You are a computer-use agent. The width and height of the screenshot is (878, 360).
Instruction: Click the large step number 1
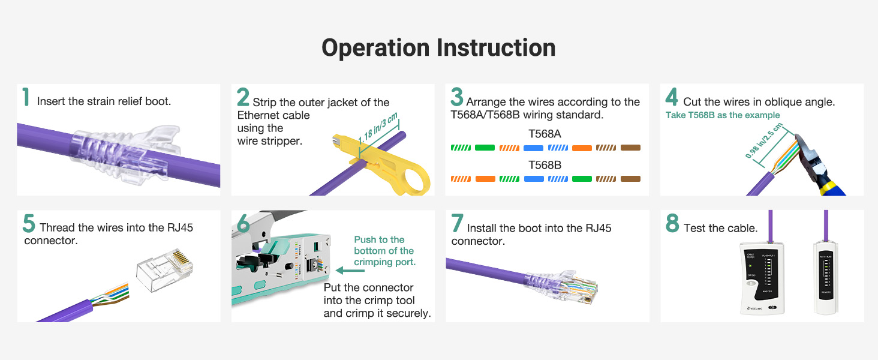(26, 98)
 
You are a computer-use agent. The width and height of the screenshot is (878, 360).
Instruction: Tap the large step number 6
(243, 223)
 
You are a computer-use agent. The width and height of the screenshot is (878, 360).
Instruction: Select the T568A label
(545, 134)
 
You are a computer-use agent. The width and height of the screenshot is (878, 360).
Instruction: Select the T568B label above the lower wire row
(545, 165)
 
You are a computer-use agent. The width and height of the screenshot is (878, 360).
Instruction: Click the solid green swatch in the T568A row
(485, 148)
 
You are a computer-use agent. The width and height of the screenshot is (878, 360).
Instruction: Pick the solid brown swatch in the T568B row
(630, 179)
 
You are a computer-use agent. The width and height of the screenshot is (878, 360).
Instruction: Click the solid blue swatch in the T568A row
(533, 148)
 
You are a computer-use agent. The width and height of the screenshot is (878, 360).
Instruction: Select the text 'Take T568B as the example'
(723, 115)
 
